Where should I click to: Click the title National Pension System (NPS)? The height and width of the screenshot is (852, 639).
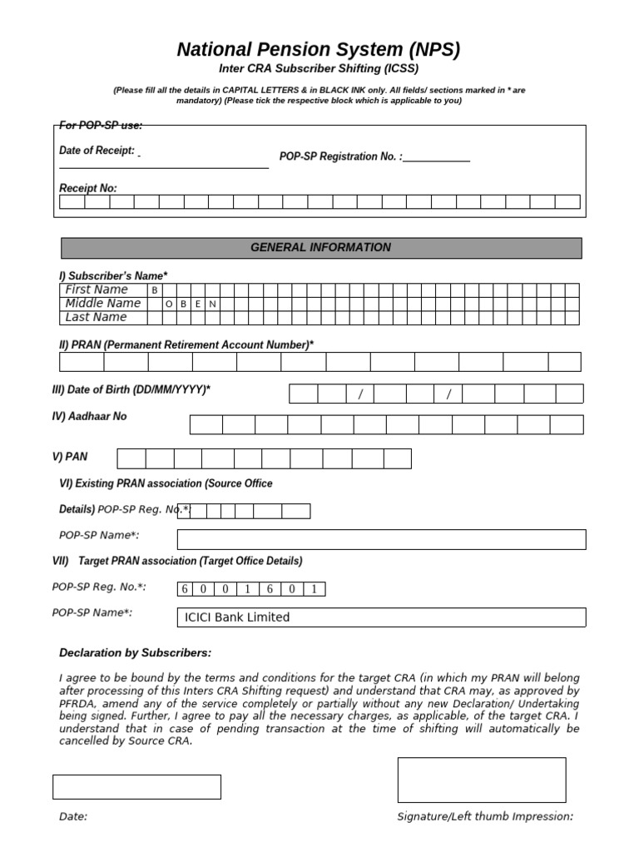[x=319, y=50]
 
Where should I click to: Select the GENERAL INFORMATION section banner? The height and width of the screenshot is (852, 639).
[x=320, y=248]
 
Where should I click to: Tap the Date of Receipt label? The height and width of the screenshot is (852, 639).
[x=97, y=151]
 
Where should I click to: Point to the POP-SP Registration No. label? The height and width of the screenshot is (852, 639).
[x=340, y=156]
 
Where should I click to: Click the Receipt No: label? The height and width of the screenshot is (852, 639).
[x=87, y=188]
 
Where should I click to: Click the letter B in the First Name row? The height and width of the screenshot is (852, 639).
[x=154, y=290]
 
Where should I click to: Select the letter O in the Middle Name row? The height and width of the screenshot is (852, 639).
[x=169, y=304]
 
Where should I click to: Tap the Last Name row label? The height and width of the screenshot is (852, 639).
[x=96, y=317]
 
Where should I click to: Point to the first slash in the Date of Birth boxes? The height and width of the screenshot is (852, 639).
[x=360, y=394]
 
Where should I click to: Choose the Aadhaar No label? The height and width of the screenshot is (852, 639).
[x=89, y=416]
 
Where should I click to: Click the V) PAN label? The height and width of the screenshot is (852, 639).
[x=69, y=457]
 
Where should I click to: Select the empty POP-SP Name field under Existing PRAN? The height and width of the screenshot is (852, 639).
[x=387, y=539]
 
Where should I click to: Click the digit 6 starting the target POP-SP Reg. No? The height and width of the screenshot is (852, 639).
[x=184, y=590]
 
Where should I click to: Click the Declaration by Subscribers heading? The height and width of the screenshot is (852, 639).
[x=135, y=652]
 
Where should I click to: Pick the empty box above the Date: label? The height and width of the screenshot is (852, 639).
[x=136, y=786]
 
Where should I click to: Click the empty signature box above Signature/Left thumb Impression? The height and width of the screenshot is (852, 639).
[x=481, y=780]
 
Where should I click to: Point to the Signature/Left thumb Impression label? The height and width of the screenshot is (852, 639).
[x=485, y=816]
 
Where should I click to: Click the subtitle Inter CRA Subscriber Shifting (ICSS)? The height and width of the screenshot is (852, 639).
[x=319, y=69]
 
